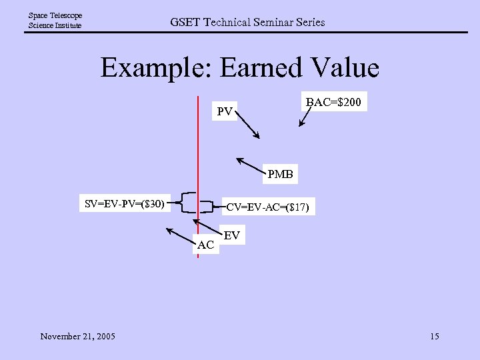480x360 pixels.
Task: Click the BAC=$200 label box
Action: [x=333, y=102]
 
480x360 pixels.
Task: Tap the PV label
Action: [x=225, y=111]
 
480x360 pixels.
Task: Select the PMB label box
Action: [x=280, y=175]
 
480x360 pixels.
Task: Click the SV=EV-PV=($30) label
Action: [x=125, y=203]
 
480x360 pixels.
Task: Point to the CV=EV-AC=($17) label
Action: [x=267, y=207]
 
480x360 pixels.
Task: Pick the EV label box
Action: [x=232, y=235]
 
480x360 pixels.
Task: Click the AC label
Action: [x=206, y=245]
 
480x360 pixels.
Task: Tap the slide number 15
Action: [x=434, y=336]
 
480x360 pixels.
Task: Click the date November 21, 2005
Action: [x=77, y=336]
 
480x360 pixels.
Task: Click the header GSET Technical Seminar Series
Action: [x=247, y=22]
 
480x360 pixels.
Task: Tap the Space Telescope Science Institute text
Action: [x=55, y=20]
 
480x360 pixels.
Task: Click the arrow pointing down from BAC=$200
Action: [x=305, y=117]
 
